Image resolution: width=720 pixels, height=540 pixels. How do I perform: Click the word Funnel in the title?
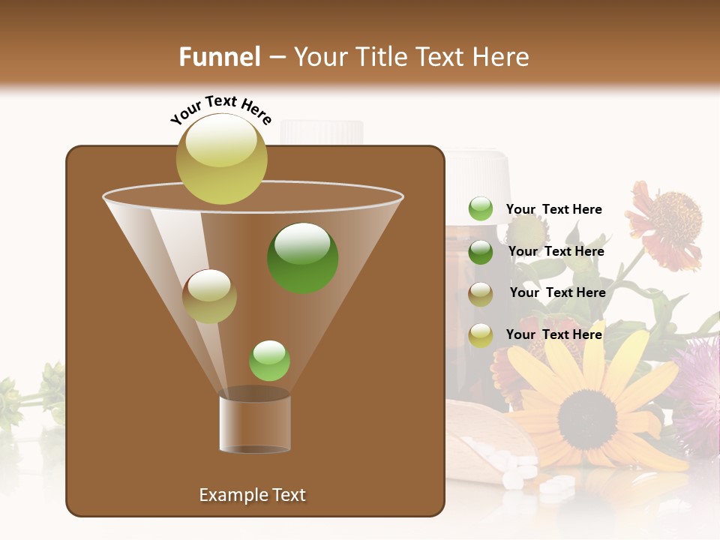point(220,57)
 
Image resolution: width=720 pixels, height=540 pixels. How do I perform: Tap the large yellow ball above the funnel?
point(222,158)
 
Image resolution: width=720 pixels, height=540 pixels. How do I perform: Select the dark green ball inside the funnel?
point(303,258)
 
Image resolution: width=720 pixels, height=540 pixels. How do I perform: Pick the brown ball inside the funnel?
point(209,296)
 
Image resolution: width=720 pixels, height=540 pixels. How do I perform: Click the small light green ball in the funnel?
point(269,361)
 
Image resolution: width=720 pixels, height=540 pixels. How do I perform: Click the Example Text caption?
point(252,495)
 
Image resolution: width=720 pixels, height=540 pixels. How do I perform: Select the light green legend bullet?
point(481,209)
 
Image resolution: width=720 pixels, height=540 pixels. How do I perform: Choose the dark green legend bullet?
point(481,252)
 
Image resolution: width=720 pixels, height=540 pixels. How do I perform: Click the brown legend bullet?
point(481,293)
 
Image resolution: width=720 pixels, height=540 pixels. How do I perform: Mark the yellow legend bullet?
point(481,335)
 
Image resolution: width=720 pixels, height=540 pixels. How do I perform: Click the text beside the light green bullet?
point(553,210)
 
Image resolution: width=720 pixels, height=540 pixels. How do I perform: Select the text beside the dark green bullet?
point(556,252)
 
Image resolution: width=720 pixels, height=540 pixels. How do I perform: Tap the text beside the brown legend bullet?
point(557,293)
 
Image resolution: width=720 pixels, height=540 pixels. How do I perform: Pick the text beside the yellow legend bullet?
point(553,334)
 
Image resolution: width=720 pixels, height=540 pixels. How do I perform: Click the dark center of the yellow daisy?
point(587,409)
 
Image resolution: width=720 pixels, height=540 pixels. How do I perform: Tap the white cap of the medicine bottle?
point(478,173)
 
